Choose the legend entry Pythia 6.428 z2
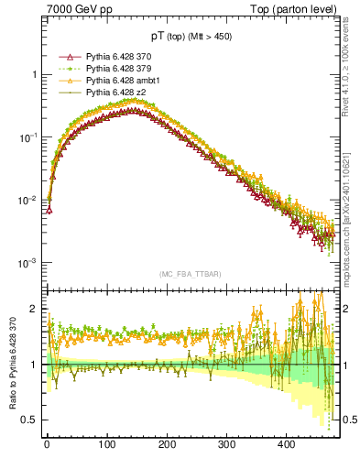click(114, 93)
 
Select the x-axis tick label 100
click(106, 444)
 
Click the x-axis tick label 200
click(167, 444)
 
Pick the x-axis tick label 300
click(227, 444)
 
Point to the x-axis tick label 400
click(287, 444)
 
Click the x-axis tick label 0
click(47, 444)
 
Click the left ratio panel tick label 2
click(34, 310)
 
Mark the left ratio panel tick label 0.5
click(30, 420)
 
